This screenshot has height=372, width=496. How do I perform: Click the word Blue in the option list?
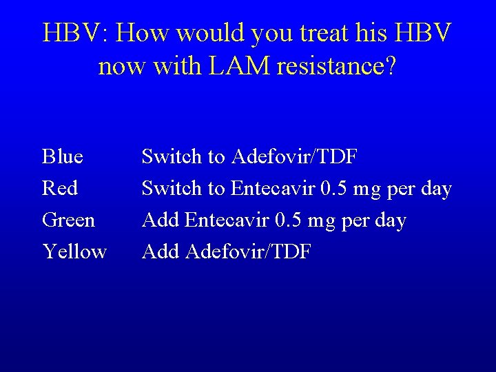[x=63, y=157]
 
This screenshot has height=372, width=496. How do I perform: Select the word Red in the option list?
[x=60, y=188]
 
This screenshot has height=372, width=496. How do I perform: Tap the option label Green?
[x=69, y=220]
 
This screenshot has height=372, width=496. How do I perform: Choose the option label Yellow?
[x=74, y=252]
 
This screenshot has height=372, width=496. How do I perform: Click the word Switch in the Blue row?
[x=171, y=157]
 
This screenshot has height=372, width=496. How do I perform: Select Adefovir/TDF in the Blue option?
[x=294, y=157]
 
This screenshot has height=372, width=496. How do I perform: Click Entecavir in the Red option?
[x=271, y=188]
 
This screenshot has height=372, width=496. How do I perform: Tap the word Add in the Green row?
[x=161, y=220]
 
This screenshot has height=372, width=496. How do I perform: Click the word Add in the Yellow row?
[x=161, y=252]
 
